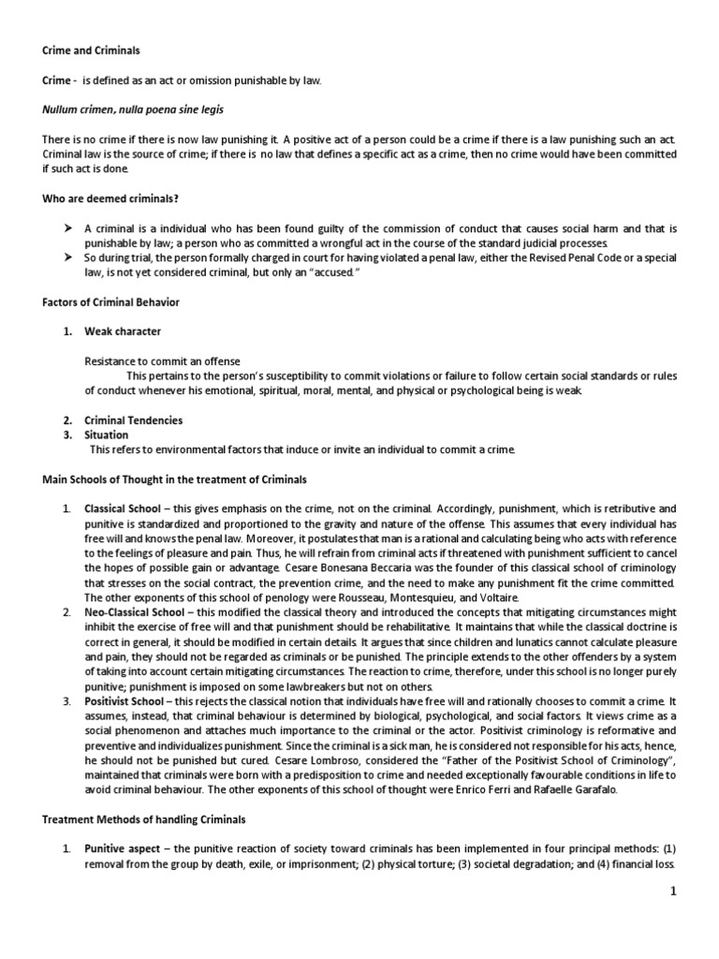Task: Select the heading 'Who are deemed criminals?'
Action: point(111,198)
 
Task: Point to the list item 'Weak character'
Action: point(123,332)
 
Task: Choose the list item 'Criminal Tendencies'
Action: point(134,420)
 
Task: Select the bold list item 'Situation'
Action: point(108,435)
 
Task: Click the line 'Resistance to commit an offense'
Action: point(162,361)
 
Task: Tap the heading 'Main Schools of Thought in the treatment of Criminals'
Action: point(174,479)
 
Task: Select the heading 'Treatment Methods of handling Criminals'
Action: point(144,819)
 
